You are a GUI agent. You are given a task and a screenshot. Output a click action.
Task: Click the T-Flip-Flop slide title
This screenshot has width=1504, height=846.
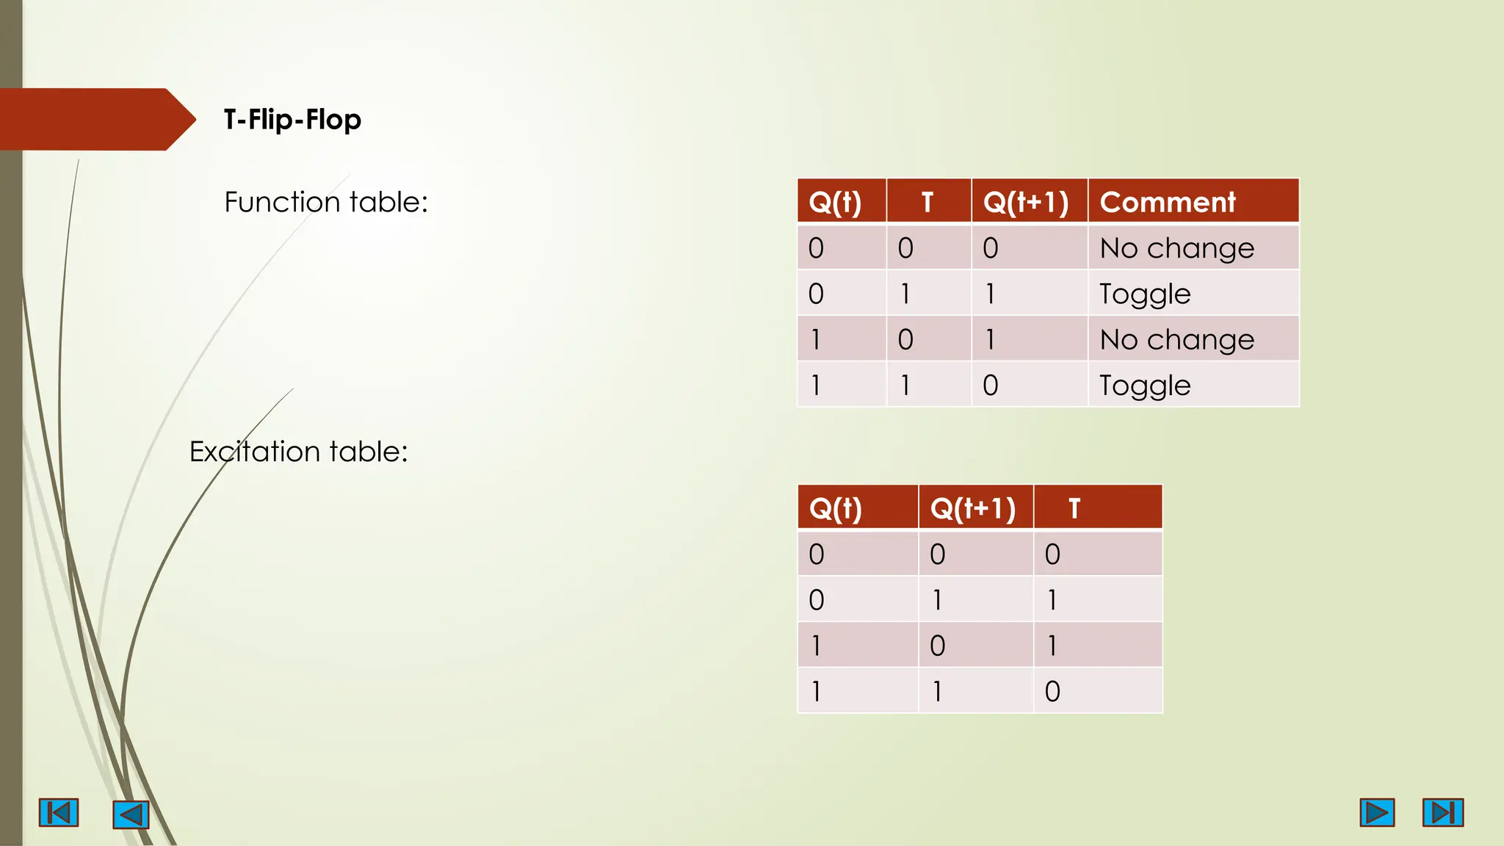click(292, 120)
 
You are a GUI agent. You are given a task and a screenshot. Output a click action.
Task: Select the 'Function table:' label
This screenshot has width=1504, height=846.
click(325, 202)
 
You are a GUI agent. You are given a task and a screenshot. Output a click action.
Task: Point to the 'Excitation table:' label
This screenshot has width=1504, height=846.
click(298, 452)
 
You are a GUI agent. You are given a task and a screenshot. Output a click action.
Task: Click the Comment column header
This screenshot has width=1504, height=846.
click(1168, 202)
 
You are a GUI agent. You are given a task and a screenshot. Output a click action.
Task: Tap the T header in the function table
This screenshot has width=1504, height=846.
click(928, 202)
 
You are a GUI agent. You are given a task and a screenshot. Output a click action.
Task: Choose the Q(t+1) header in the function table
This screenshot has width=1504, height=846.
click(1026, 202)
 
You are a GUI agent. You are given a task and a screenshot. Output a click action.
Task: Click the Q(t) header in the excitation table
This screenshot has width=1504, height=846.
click(835, 508)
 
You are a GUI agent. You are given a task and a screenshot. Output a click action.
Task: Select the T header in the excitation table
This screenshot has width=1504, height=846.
click(1074, 508)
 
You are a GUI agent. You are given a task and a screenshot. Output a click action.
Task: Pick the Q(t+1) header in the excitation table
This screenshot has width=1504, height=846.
click(973, 508)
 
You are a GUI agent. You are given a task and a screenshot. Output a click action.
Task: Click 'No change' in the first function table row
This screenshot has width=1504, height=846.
click(1176, 248)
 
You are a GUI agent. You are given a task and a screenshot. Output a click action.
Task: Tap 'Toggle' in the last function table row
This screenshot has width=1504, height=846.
click(1145, 386)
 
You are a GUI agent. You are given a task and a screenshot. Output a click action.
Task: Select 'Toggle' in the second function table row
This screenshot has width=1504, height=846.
click(1145, 294)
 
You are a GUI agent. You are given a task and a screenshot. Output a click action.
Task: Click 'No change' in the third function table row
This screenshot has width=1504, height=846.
click(1176, 340)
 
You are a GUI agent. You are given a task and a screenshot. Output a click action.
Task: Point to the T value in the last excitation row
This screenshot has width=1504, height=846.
click(1052, 691)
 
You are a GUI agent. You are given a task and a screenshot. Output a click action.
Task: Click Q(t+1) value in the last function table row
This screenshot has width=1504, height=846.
click(990, 386)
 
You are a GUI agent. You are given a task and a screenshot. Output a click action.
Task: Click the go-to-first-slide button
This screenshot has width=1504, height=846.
click(59, 813)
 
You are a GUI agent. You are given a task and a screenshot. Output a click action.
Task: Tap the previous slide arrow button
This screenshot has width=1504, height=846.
click(131, 814)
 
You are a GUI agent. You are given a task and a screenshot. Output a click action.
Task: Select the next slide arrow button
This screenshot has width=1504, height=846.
click(1377, 813)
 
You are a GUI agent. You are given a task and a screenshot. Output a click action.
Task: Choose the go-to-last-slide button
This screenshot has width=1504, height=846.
click(1443, 813)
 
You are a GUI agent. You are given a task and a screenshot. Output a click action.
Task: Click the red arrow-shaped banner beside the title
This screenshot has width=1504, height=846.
click(92, 120)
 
